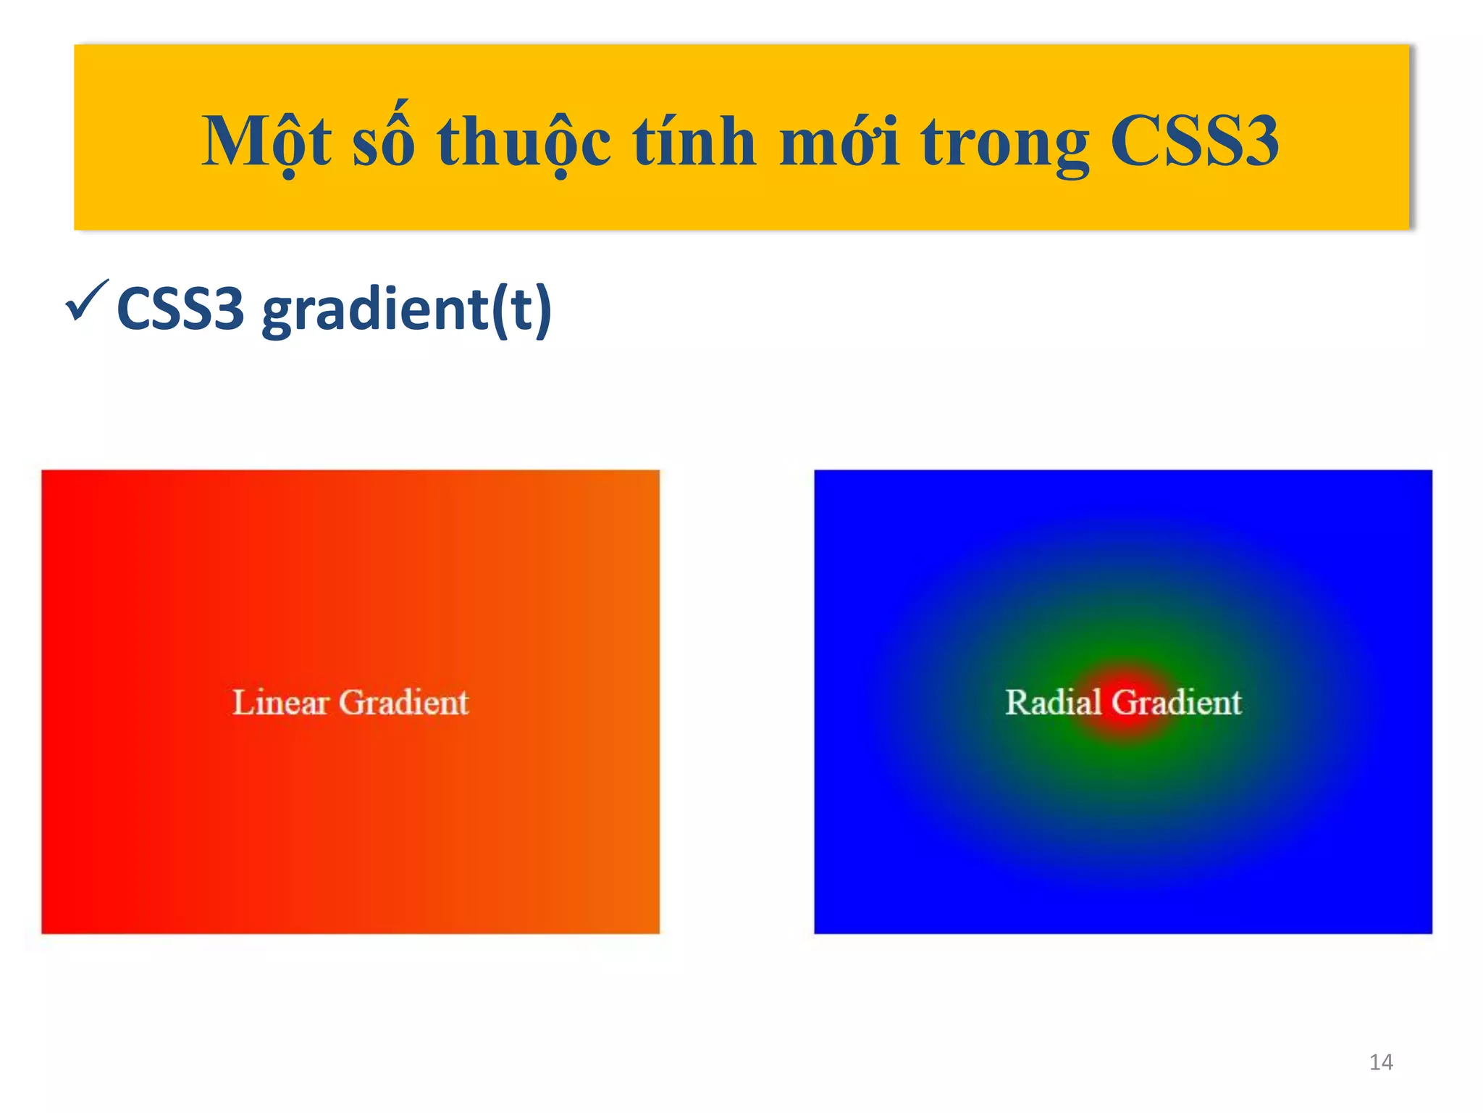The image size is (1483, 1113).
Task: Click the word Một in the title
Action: (266, 141)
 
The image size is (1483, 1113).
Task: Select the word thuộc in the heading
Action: (524, 143)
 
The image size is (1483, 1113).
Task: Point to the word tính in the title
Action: (694, 141)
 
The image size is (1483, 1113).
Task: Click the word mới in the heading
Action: (839, 141)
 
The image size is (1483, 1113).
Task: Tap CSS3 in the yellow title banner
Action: (1194, 141)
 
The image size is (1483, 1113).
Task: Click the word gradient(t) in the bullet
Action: (406, 311)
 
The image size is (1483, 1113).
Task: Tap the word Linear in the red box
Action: (280, 702)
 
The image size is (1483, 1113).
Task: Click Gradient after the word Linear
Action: (403, 703)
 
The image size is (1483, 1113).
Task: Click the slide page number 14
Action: (1381, 1062)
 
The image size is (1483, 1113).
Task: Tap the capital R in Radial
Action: (1017, 702)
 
